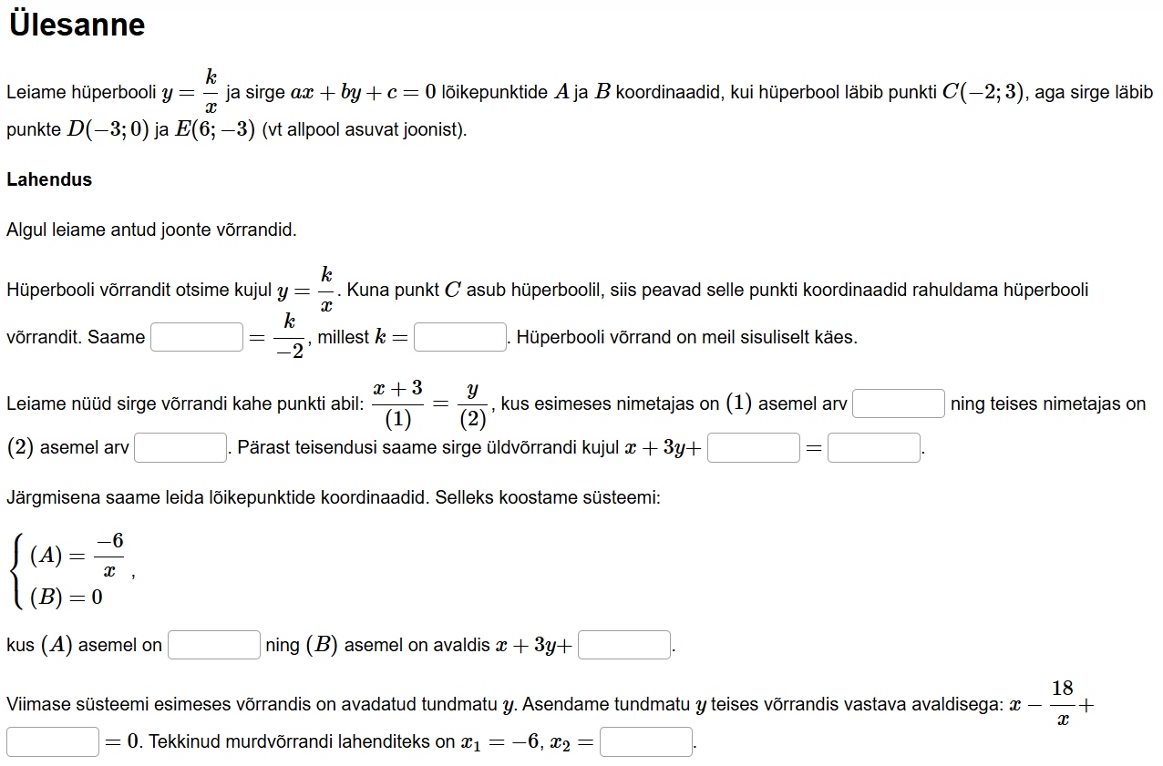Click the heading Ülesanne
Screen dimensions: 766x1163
point(77,25)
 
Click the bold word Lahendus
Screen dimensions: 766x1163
point(49,179)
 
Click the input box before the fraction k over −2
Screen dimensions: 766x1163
point(197,337)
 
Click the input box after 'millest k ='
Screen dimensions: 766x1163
point(460,337)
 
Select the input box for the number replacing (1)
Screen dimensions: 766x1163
point(898,403)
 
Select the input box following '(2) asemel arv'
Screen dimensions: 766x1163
point(180,448)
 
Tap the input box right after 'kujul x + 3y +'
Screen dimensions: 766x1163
point(753,448)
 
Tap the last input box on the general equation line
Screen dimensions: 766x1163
point(873,448)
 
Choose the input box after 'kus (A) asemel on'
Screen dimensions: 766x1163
point(214,645)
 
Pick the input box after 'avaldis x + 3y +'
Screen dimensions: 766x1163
point(624,645)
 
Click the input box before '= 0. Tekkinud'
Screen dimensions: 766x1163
point(53,741)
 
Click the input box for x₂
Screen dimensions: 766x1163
point(646,741)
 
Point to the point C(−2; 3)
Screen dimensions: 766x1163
point(983,92)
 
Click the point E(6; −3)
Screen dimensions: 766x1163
point(214,129)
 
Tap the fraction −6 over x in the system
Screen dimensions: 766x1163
point(109,556)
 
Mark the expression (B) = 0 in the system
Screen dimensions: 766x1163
point(66,597)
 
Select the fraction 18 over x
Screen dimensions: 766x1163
point(1062,703)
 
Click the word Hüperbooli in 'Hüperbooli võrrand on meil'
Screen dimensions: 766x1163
point(557,337)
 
